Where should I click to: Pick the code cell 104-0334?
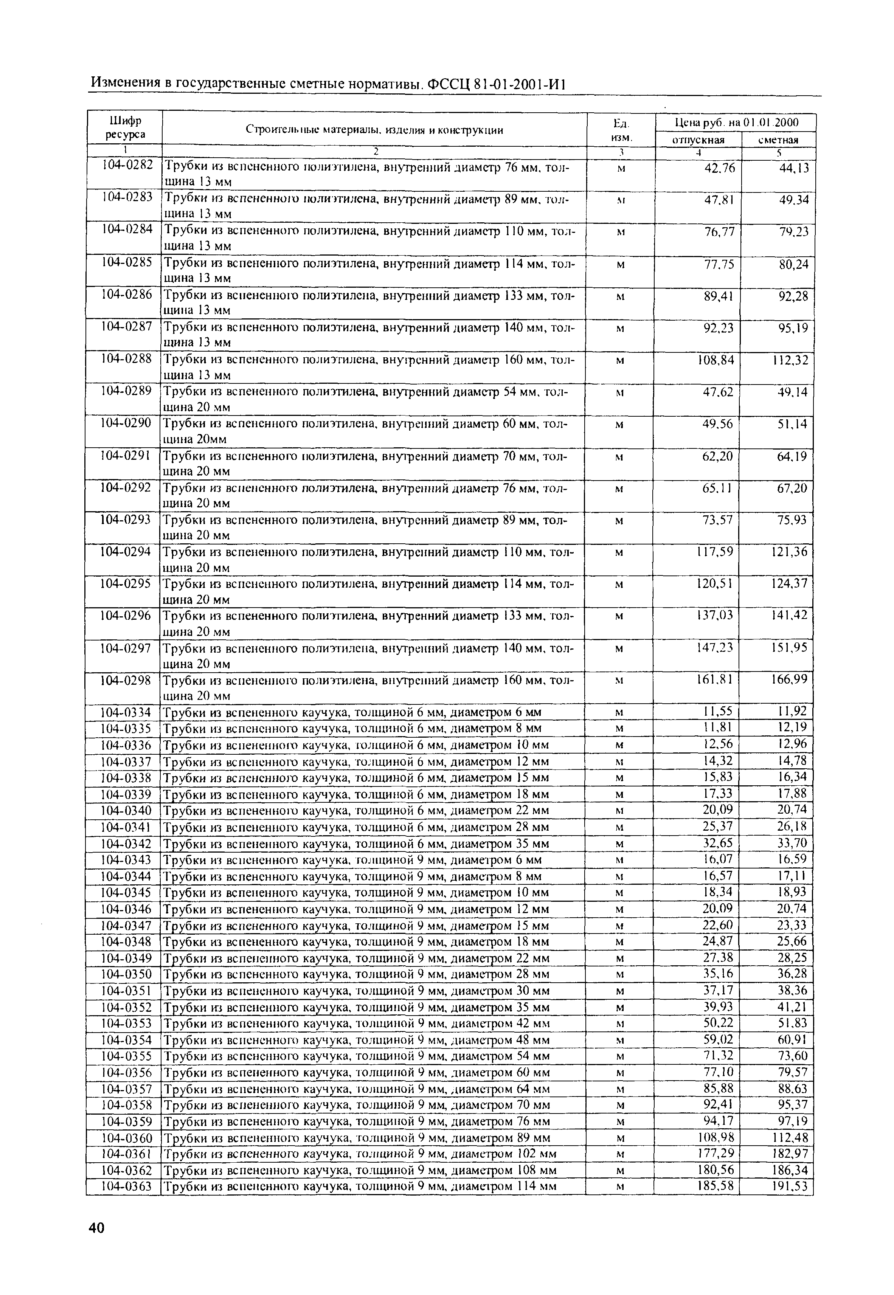(126, 712)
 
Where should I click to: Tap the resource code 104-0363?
(126, 1186)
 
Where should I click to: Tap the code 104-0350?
(126, 974)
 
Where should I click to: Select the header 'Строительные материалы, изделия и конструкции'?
(374, 130)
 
